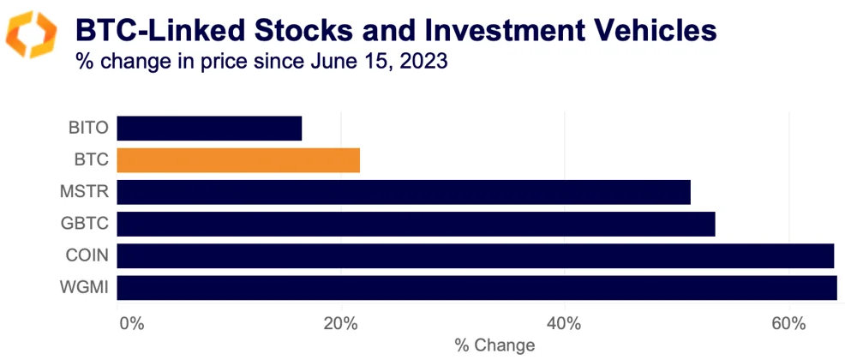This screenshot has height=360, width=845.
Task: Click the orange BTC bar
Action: tap(238, 160)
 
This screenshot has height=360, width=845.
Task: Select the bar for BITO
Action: tap(209, 129)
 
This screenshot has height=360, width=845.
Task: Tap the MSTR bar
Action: tap(403, 192)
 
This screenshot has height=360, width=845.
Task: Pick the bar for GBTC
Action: tap(416, 224)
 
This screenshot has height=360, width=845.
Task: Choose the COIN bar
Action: tap(475, 255)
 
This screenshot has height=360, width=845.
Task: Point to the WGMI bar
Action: tap(476, 287)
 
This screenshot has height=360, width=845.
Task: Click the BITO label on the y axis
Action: tap(88, 129)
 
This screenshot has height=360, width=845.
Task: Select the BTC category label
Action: tap(91, 160)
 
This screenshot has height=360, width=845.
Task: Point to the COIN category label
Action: tap(87, 255)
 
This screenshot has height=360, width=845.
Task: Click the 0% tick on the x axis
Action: tap(130, 324)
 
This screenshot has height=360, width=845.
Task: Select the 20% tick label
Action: tap(340, 324)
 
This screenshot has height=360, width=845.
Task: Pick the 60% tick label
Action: tap(788, 324)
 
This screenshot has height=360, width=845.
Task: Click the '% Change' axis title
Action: tap(494, 345)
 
